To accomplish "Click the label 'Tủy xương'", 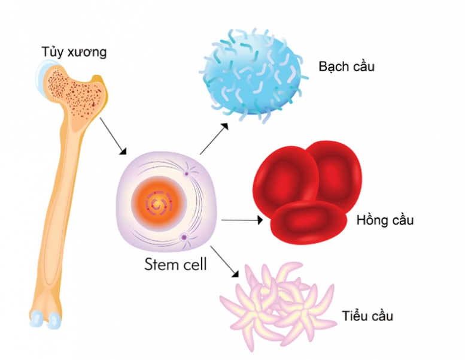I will point(74,52).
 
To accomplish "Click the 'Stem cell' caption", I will point(175,264).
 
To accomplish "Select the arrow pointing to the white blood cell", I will point(214,139).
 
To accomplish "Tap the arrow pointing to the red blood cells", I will point(242,220).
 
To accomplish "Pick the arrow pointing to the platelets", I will point(224,261).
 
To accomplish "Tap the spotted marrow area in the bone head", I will point(72,90).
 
